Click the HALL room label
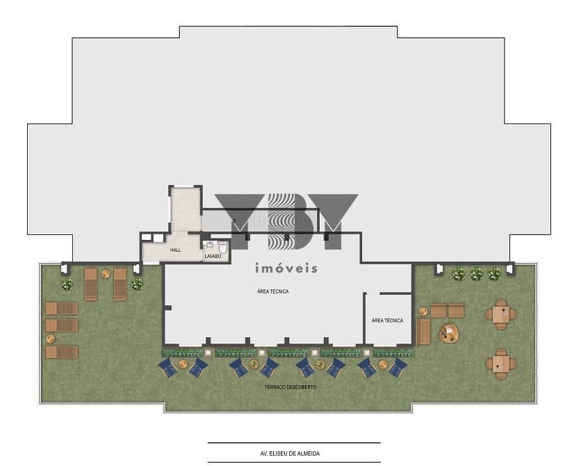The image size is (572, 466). [x=175, y=250]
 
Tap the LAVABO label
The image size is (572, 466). [x=213, y=257]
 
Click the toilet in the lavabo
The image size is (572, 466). [x=223, y=247]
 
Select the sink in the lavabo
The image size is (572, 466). [x=209, y=245]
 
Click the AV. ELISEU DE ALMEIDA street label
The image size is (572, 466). [x=294, y=453]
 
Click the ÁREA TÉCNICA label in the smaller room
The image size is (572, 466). [x=387, y=321]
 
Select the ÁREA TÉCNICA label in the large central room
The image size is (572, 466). [x=272, y=291]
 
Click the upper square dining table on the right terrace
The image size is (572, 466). [x=500, y=314]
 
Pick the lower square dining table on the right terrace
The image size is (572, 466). [x=500, y=363]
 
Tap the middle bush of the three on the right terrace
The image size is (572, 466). [x=476, y=274]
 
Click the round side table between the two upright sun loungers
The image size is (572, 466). [x=106, y=273]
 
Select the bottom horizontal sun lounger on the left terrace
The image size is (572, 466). [x=62, y=352]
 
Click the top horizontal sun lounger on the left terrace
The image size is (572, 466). [x=62, y=308]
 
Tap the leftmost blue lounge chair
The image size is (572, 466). [x=168, y=367]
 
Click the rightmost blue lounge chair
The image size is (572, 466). [x=398, y=367]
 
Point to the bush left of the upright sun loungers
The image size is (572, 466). [x=67, y=284]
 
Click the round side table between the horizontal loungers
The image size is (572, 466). [x=50, y=339]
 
